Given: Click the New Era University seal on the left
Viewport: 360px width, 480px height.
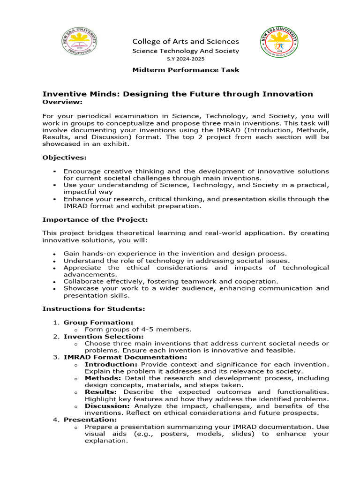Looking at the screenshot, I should [x=80, y=43].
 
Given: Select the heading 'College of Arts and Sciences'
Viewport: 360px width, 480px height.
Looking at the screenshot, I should [x=186, y=41].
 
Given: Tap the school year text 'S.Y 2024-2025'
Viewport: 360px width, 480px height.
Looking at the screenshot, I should [x=186, y=59].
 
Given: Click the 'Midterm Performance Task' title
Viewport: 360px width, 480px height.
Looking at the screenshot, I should [x=186, y=70].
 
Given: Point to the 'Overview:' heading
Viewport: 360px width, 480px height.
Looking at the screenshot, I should [x=62, y=102].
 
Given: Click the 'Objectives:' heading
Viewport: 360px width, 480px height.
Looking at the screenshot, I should [x=65, y=157].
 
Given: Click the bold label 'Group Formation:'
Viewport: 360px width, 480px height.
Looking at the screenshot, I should [x=98, y=322].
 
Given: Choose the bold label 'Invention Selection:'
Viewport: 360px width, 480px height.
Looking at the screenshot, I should [x=104, y=336].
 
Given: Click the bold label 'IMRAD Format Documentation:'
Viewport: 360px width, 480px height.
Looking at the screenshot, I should [x=125, y=357].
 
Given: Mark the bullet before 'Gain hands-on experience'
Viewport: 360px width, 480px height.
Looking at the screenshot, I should [x=55, y=254].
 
